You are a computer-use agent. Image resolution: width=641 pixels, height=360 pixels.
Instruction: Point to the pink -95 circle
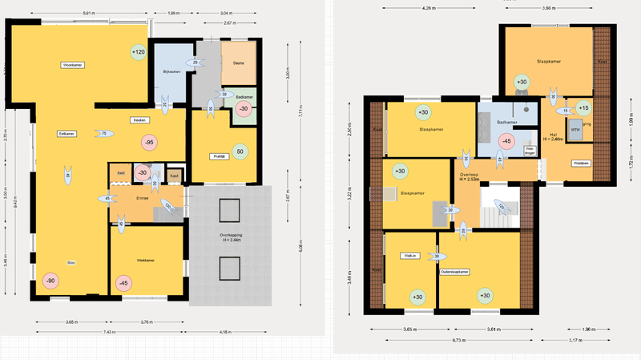(148, 142)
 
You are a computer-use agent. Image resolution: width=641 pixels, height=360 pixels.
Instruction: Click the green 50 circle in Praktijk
(240, 150)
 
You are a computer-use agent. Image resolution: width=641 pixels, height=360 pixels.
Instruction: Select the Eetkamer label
(67, 134)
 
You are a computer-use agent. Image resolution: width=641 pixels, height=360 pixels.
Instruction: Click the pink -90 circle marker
(50, 281)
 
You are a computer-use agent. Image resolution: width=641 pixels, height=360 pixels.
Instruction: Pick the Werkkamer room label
(145, 261)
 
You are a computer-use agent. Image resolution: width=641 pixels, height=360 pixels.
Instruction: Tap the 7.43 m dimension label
(107, 331)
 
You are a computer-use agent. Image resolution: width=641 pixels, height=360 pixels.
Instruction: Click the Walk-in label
(409, 257)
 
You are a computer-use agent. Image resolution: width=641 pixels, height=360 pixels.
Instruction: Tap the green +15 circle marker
(583, 107)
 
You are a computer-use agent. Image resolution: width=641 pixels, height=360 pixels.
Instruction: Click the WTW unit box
(574, 127)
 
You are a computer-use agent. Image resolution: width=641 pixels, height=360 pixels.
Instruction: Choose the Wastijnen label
(580, 163)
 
